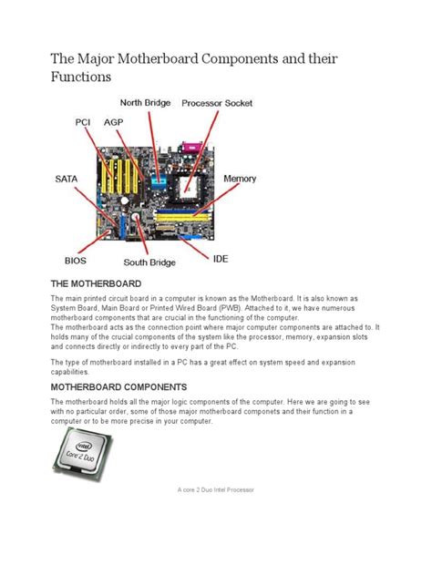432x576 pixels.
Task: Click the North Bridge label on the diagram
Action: tap(147, 102)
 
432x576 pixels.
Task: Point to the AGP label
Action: tap(113, 120)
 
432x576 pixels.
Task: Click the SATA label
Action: tap(65, 180)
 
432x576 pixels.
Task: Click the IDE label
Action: tap(222, 258)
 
